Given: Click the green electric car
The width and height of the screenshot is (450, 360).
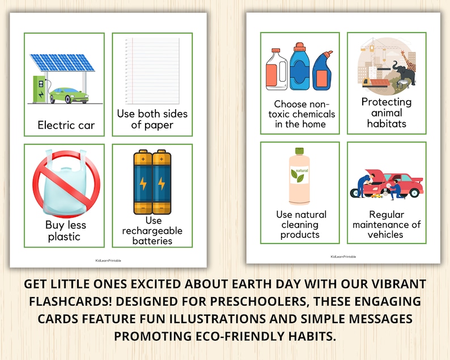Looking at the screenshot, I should [x=69, y=95].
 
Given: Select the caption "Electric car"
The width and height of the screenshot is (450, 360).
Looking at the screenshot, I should [x=66, y=125].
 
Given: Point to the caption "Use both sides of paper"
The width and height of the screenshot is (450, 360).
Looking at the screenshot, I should [x=152, y=119].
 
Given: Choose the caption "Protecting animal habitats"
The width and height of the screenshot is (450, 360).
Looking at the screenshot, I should [x=387, y=112].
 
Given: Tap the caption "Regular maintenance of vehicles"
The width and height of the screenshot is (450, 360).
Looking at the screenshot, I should [x=387, y=225].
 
